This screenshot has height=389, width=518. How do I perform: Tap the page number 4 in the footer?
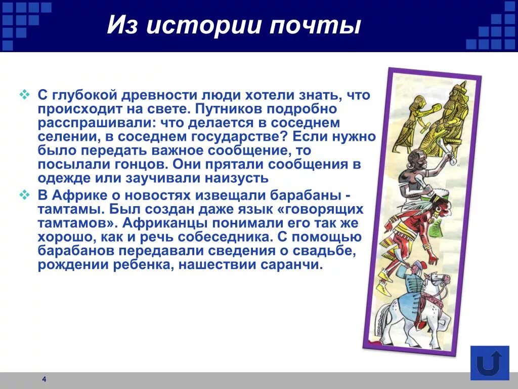click(x=44, y=379)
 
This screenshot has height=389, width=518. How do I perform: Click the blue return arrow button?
click(x=489, y=363)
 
